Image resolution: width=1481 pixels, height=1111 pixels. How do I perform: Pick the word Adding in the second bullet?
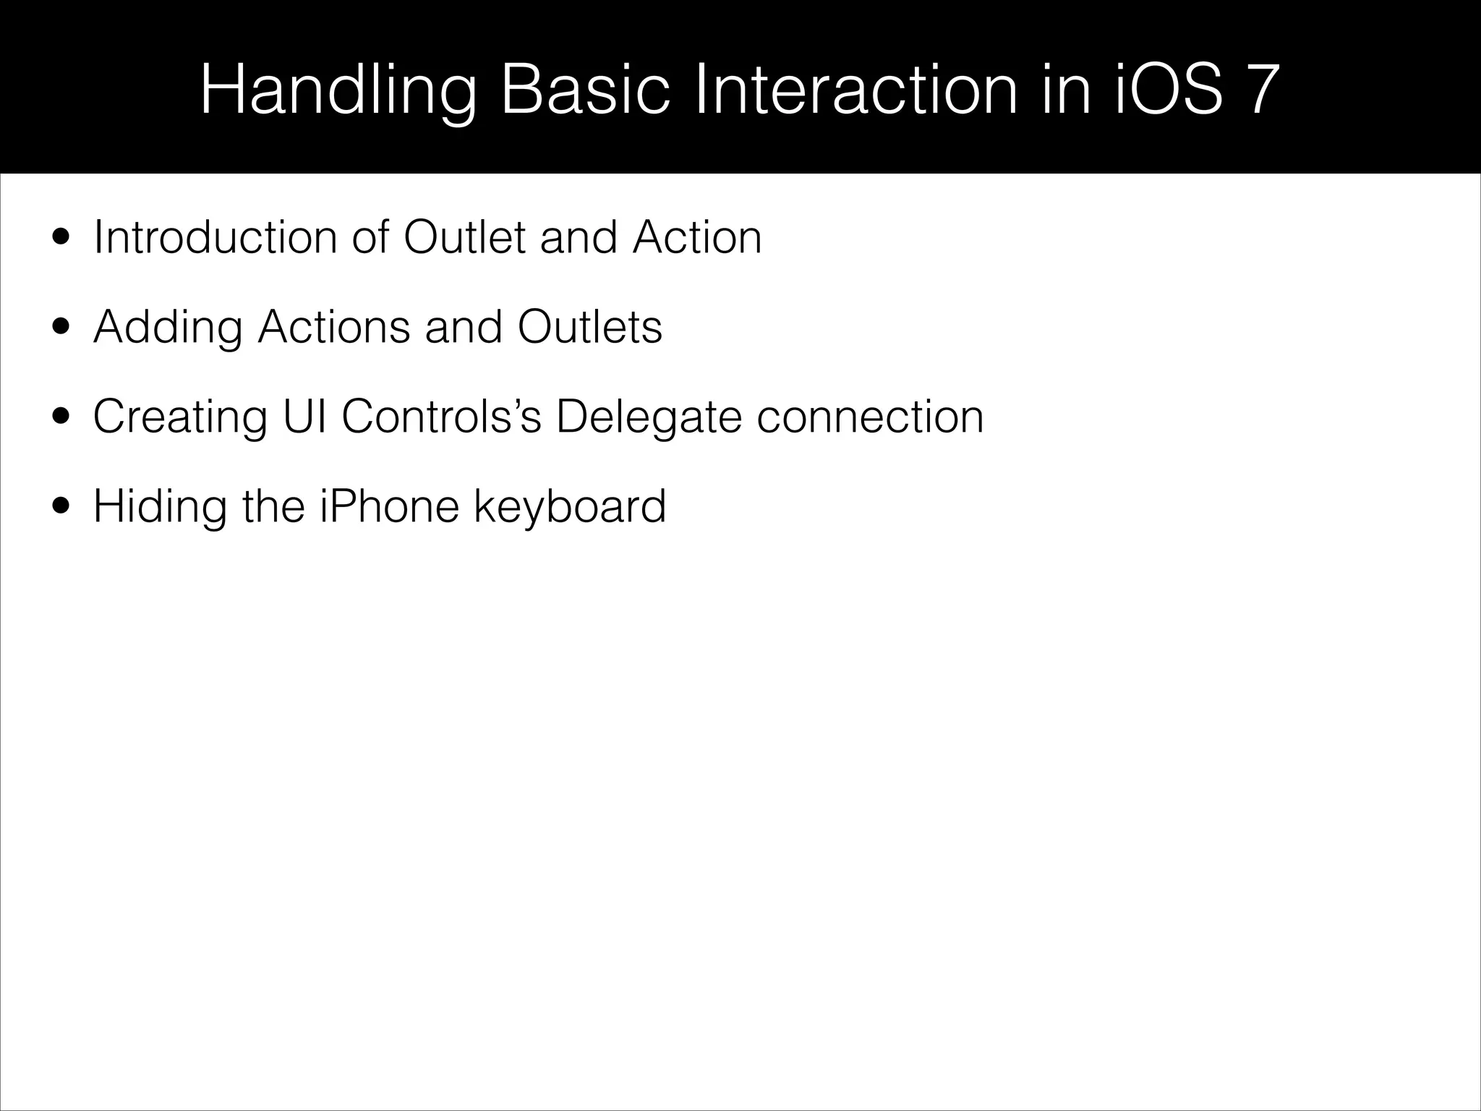tap(168, 328)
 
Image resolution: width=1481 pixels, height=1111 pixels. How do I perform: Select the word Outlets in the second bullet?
tap(589, 327)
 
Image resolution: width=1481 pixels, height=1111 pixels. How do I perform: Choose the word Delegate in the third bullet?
tap(648, 418)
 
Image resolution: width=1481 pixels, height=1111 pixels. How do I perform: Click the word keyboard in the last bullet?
tap(570, 508)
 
